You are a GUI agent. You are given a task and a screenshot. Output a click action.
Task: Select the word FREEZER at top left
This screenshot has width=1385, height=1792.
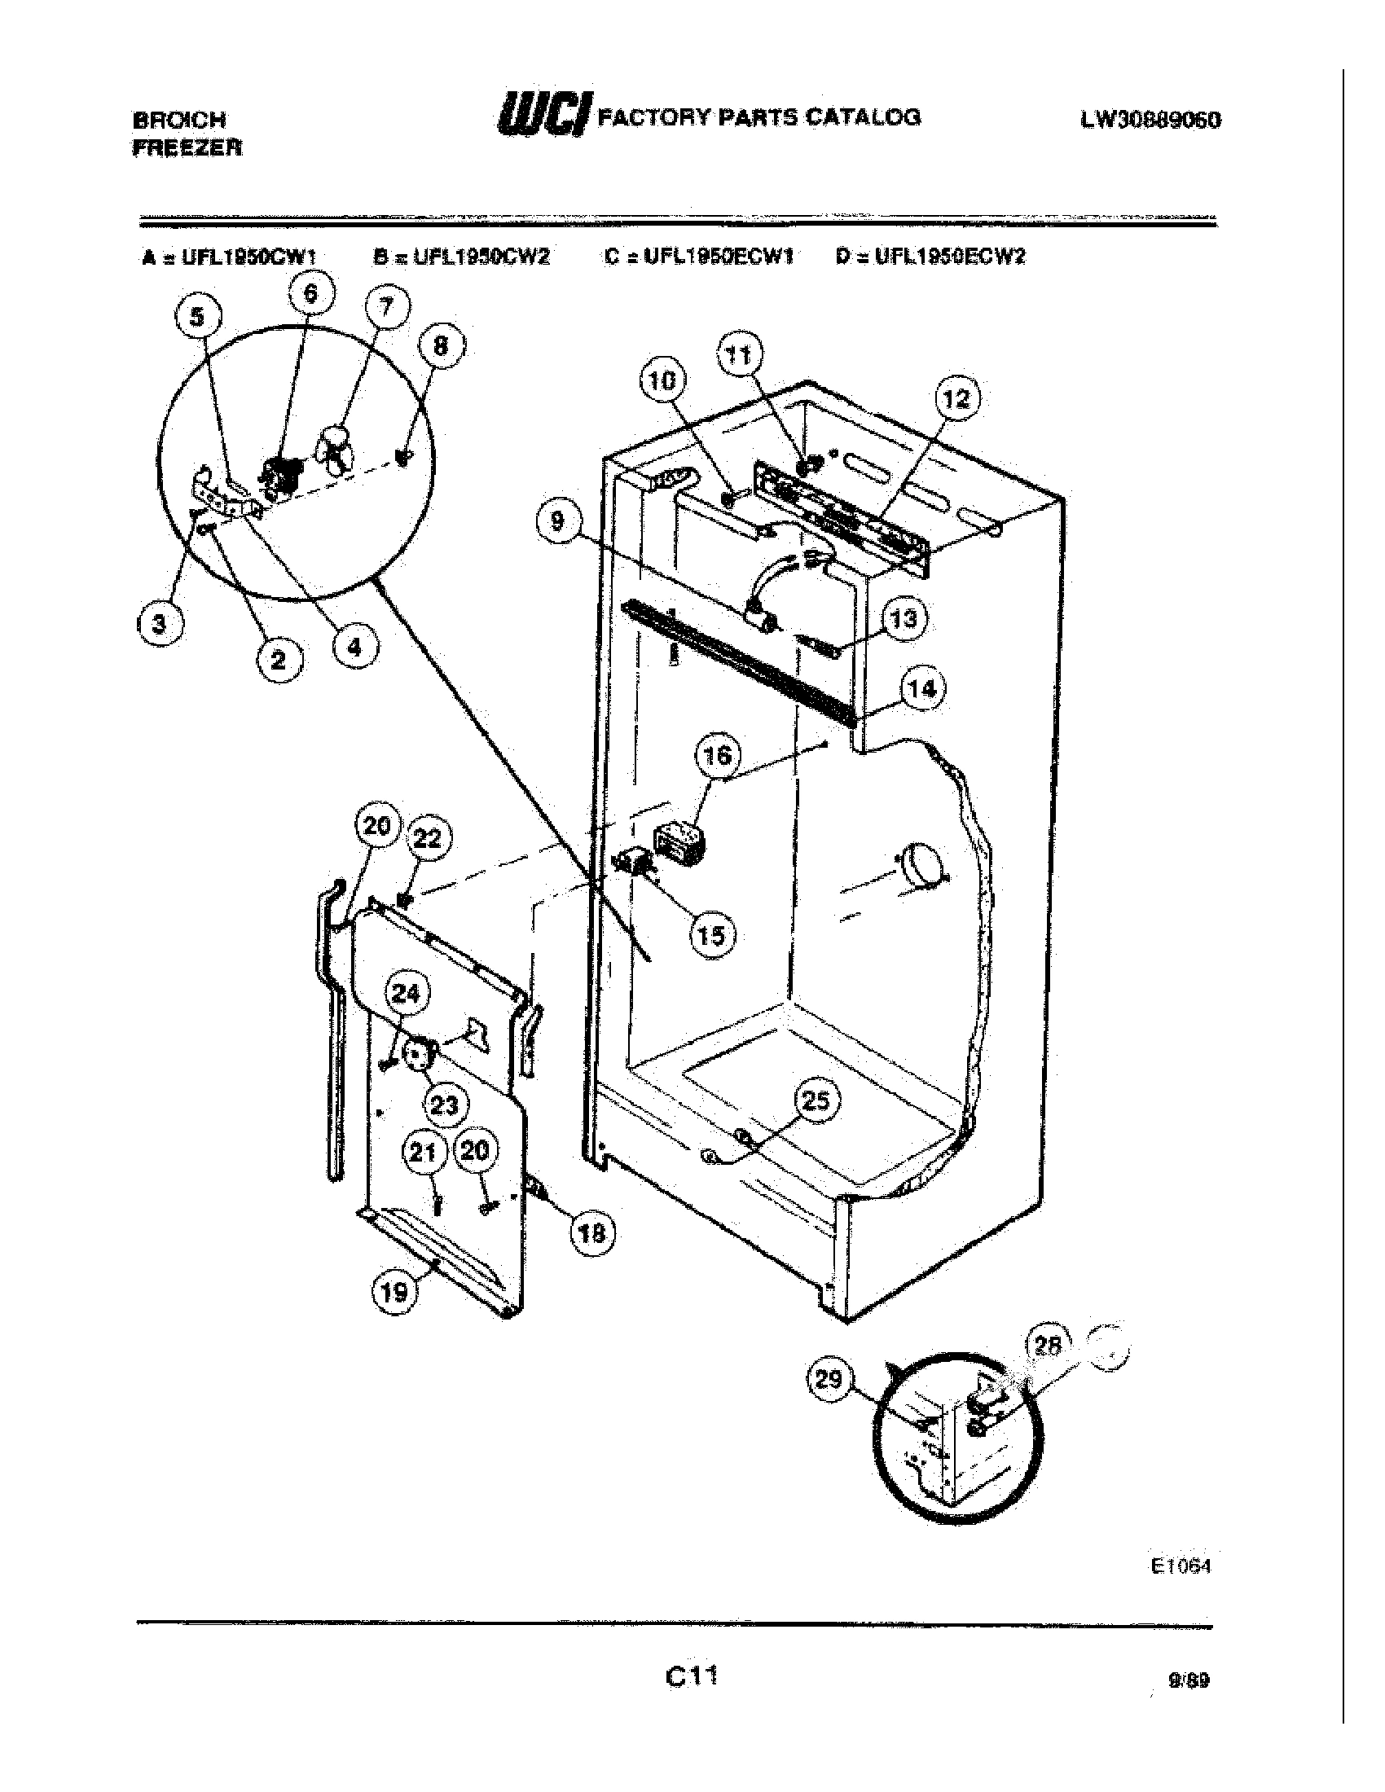[187, 148]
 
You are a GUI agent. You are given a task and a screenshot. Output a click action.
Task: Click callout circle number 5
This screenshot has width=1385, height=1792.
[197, 318]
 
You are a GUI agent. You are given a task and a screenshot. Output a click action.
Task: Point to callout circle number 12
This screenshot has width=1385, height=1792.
[956, 400]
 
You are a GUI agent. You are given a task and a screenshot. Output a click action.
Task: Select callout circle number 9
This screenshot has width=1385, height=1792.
[557, 521]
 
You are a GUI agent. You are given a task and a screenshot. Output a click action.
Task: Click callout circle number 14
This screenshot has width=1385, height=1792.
[921, 689]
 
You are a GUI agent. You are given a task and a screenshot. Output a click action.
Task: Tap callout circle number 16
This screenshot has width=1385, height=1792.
[718, 754]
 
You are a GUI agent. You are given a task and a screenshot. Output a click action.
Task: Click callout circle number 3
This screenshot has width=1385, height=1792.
[158, 624]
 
